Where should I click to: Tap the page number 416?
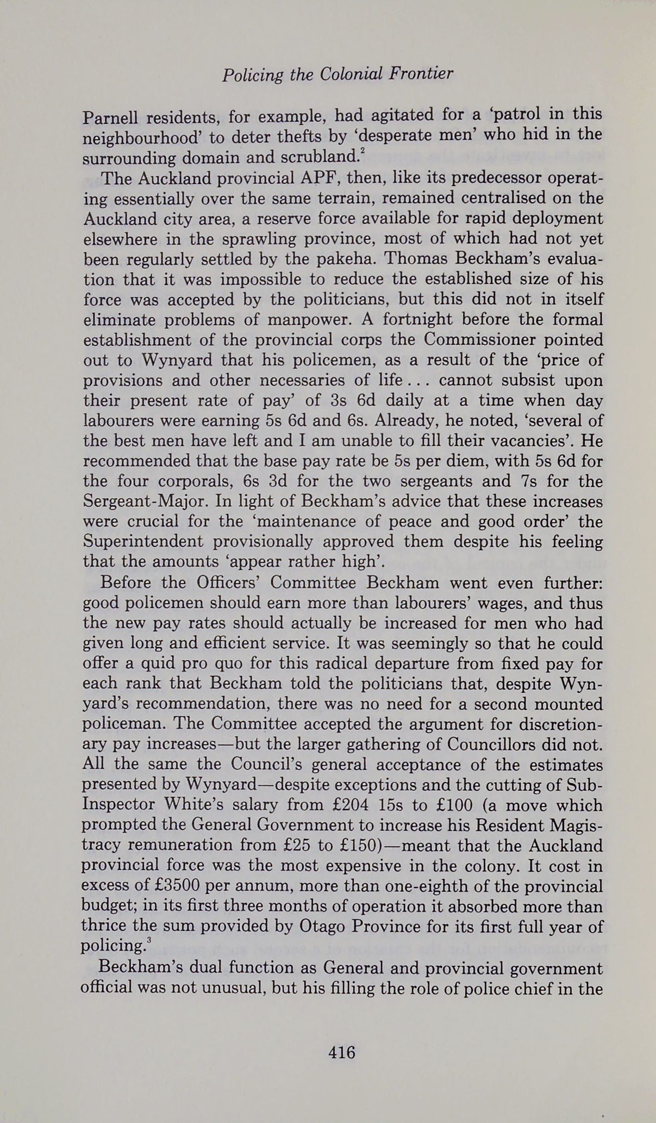[341, 1052]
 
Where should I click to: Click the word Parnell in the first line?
[110, 116]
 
